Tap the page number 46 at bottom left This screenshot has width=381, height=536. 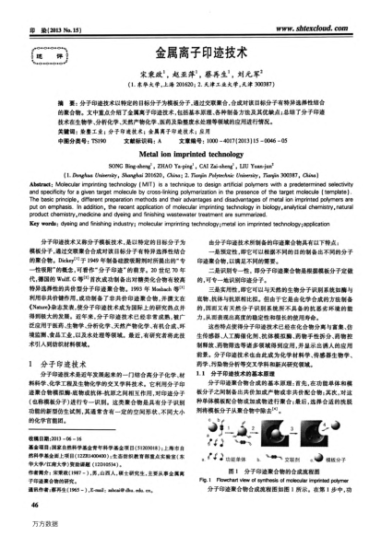tap(35, 505)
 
